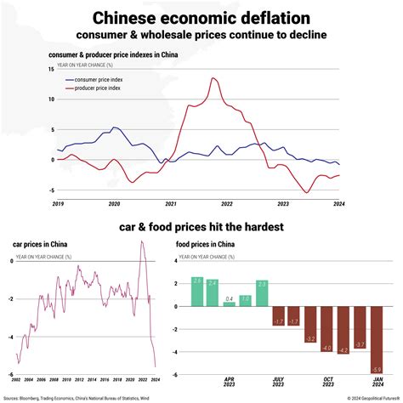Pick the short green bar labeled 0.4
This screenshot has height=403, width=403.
tap(229, 302)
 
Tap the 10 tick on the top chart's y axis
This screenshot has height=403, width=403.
tap(52, 99)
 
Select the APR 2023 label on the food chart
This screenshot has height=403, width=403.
tap(229, 383)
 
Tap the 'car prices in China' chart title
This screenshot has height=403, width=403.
tap(40, 245)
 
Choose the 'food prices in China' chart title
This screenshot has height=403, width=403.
tap(205, 245)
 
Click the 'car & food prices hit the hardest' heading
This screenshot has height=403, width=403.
tap(201, 227)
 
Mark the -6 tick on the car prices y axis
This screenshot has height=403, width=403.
tap(10, 375)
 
